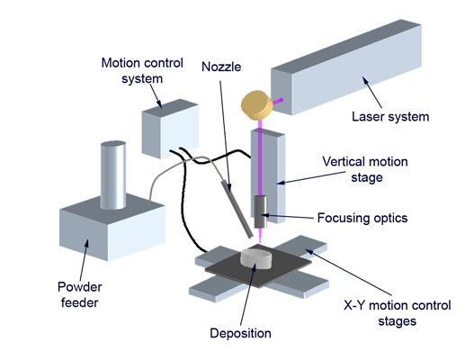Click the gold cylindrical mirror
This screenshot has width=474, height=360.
coord(256,105)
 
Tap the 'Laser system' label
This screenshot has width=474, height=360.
coord(390,117)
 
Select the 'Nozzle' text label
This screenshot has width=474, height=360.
coord(221,67)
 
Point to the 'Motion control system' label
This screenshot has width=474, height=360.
coord(142,71)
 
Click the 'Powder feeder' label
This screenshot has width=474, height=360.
coord(79,294)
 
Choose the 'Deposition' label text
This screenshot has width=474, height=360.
coord(240,333)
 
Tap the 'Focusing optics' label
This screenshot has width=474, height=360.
coord(362,218)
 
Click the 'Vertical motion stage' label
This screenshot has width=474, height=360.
coord(365,169)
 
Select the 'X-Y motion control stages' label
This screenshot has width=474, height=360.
coord(397,313)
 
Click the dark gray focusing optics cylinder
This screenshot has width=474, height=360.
coord(260,211)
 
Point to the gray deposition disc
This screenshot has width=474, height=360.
coord(256,258)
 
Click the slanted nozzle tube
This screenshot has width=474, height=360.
coord(237,209)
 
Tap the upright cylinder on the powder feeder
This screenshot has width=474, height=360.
coord(113,175)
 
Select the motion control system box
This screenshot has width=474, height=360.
coord(170,129)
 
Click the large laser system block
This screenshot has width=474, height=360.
coord(346,67)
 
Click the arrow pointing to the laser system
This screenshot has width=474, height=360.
coord(372,93)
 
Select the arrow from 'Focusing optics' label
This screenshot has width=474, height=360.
coord(287,216)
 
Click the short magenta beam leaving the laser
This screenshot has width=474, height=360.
coord(278,102)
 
